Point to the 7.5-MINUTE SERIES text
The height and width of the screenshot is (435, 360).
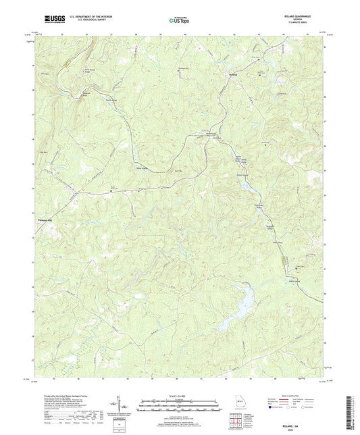click(x=290, y=24)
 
